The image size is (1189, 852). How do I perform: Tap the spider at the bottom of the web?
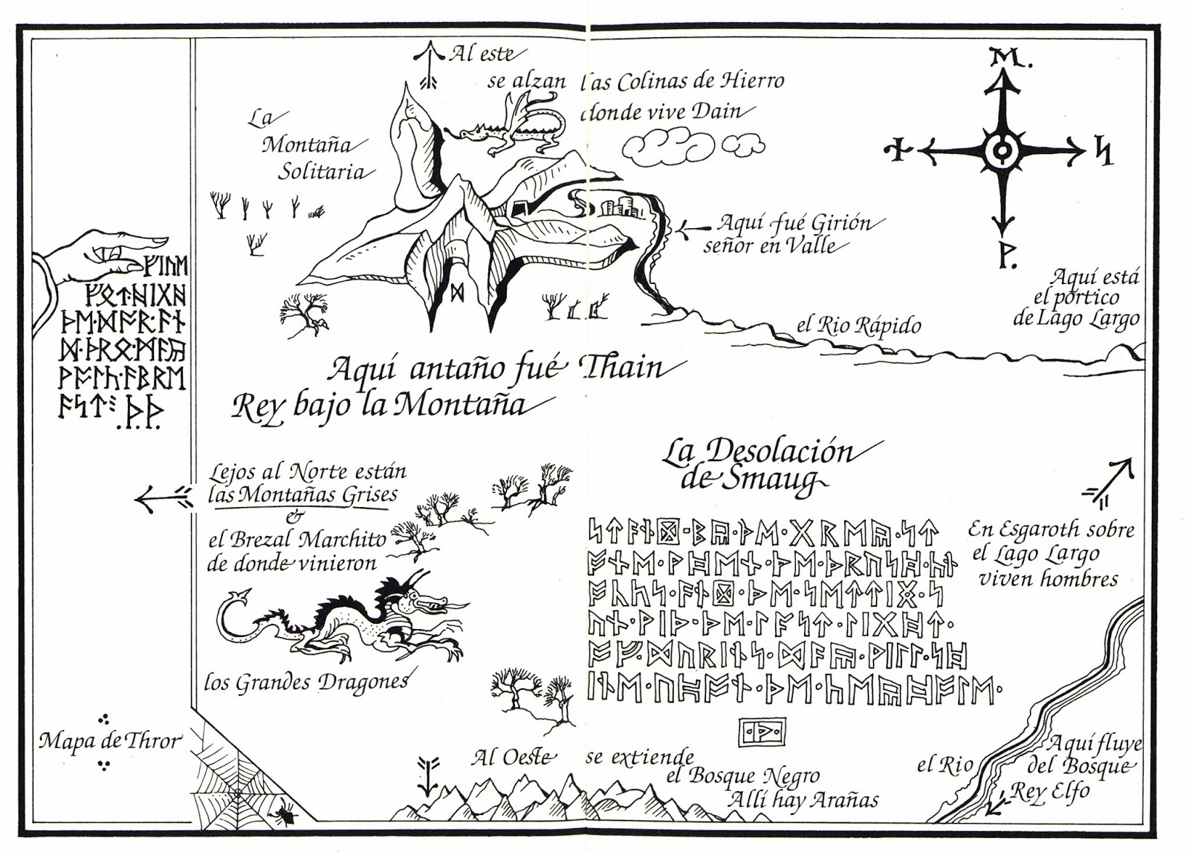[x=285, y=815]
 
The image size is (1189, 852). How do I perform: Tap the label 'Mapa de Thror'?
[x=109, y=740]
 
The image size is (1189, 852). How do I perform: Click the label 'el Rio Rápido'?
[x=858, y=325]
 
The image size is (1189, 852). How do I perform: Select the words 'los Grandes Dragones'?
[x=306, y=682]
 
